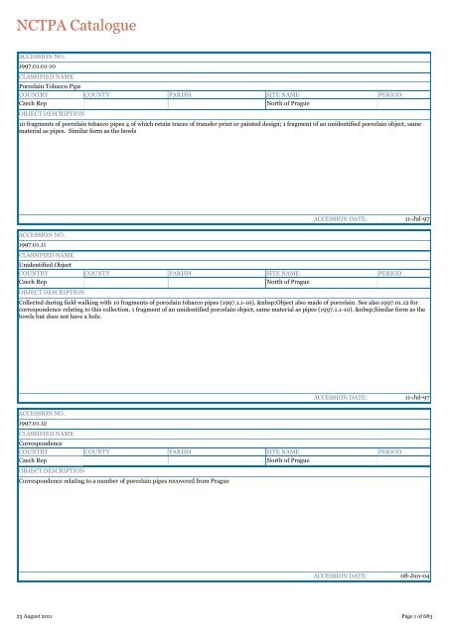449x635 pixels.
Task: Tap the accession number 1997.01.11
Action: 34,247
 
